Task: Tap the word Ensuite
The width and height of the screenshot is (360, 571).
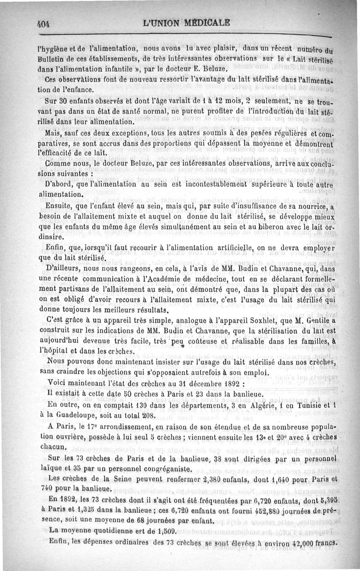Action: click(x=61, y=206)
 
